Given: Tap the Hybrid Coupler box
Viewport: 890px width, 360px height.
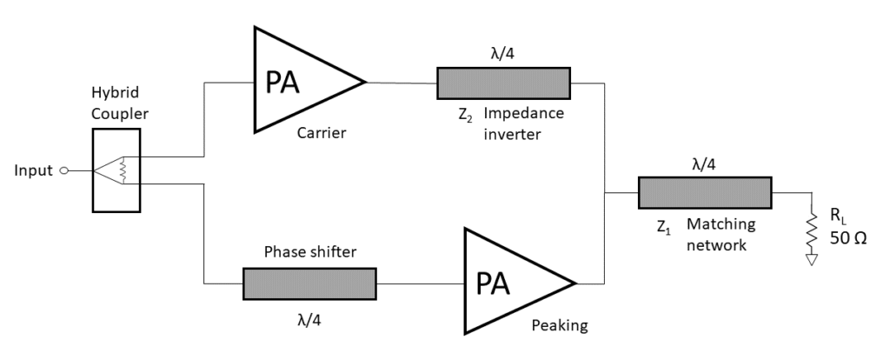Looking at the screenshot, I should [116, 170].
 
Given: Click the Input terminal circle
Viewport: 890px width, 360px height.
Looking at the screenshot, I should [63, 170].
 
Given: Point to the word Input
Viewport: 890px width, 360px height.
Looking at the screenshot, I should [33, 170].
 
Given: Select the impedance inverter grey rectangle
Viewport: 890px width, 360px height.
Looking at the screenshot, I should [503, 83].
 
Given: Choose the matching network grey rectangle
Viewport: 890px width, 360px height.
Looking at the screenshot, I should [705, 192].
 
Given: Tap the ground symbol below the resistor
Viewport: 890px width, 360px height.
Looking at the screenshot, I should [812, 258].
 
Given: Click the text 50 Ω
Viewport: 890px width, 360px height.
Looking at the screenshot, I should [848, 238].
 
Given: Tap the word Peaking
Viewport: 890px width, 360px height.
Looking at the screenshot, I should [560, 326].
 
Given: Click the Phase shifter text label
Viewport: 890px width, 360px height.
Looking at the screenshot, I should [309, 252].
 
